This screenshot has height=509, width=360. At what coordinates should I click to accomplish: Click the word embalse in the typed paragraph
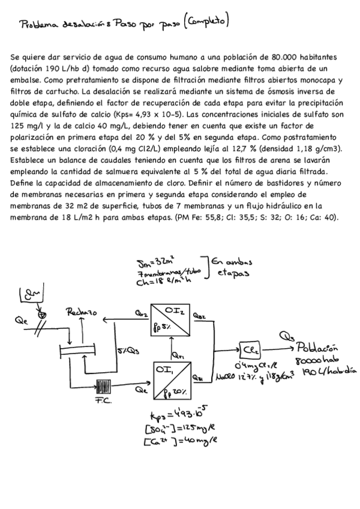point(27,79)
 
